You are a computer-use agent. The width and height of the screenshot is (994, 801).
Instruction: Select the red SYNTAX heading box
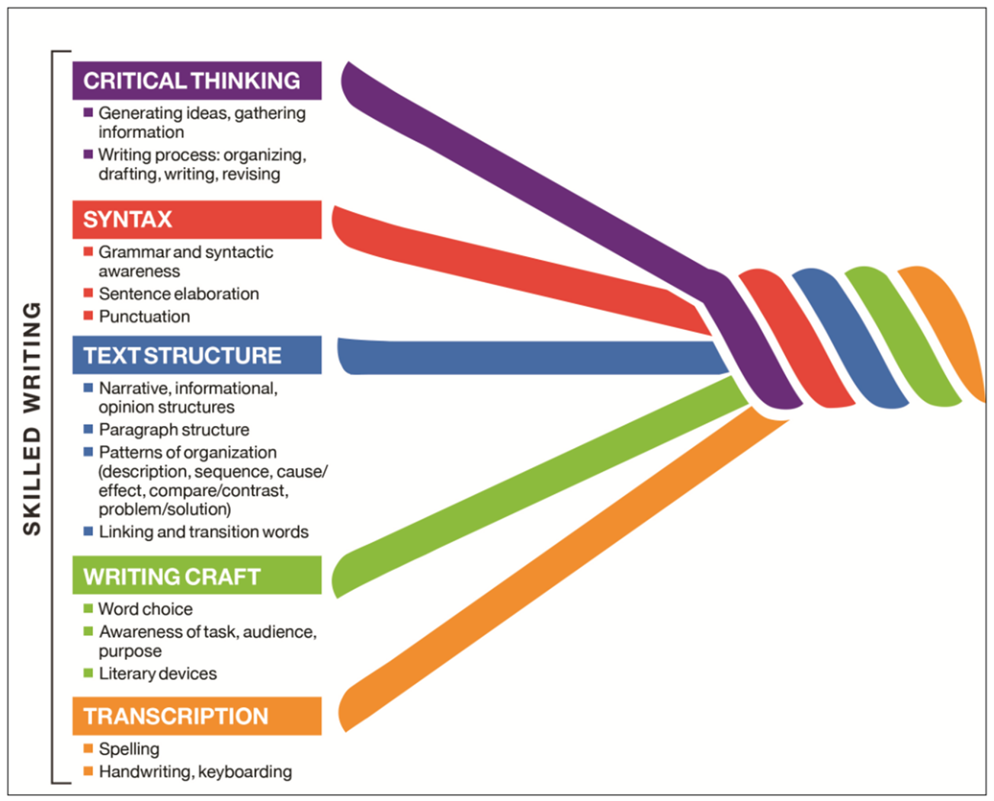(196, 219)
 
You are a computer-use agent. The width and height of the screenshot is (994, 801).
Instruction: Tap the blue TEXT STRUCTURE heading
(196, 355)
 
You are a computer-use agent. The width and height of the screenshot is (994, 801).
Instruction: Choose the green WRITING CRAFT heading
(196, 576)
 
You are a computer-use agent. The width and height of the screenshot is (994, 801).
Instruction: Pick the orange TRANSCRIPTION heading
(196, 716)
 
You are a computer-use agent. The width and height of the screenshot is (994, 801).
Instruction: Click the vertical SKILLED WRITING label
(31, 418)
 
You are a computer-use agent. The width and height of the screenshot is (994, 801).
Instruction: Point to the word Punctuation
(144, 316)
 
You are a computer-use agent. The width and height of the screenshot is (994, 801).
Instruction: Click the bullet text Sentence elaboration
(178, 293)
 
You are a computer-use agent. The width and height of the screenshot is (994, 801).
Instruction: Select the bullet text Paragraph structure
(174, 430)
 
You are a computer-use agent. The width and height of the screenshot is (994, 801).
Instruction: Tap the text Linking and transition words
(204, 532)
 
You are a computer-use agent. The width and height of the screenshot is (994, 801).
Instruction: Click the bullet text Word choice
(146, 609)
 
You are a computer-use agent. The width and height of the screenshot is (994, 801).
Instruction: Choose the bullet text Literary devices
(158, 674)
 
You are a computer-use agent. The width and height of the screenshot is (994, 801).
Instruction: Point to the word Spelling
(129, 749)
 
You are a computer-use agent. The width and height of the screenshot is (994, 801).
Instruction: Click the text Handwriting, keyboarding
(195, 772)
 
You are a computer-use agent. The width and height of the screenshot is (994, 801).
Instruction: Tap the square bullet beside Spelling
(88, 748)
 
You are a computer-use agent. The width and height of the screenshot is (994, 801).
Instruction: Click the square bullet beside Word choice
(88, 608)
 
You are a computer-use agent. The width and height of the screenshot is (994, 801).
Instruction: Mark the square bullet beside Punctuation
(88, 316)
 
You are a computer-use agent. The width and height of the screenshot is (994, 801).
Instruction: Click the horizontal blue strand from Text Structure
(534, 357)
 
